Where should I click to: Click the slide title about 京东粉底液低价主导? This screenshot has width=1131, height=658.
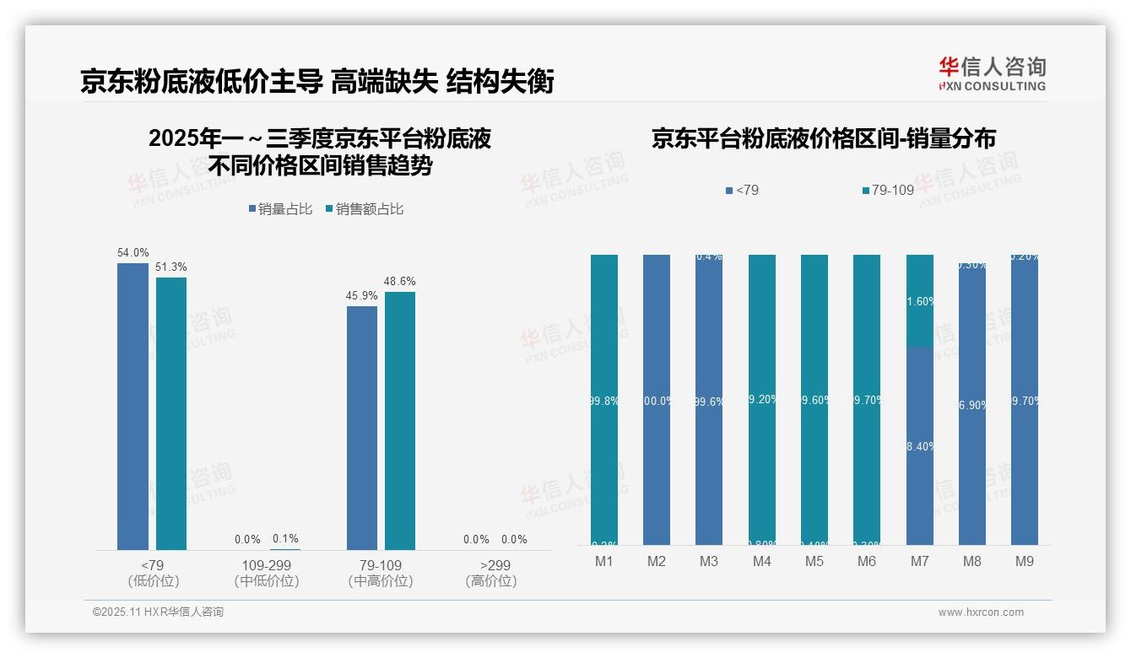pos(317,82)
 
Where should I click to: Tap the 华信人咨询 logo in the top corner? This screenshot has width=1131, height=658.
pos(992,73)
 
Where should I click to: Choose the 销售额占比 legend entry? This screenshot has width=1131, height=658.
pos(364,209)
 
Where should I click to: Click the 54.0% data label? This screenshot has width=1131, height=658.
pos(133,252)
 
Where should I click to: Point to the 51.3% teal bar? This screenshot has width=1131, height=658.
pos(170,413)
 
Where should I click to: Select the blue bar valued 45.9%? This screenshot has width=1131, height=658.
pos(362,428)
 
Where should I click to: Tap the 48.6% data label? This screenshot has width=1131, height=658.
pos(400,281)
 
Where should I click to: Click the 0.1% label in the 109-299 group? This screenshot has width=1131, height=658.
pos(285,539)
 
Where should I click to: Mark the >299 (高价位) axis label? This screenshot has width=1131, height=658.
pos(490,573)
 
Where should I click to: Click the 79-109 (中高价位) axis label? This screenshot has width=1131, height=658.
pos(381,573)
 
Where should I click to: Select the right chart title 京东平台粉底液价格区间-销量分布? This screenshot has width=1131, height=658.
pos(823,138)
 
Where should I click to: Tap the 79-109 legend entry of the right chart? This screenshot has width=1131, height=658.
pos(888,191)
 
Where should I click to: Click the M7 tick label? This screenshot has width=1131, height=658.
pos(919,561)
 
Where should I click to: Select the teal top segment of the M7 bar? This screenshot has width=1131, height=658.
pos(919,299)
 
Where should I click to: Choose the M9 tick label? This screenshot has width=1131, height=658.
pos(1024,561)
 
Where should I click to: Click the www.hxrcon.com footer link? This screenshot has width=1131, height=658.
pos(980,612)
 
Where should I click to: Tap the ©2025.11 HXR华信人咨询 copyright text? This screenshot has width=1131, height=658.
pos(158,612)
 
